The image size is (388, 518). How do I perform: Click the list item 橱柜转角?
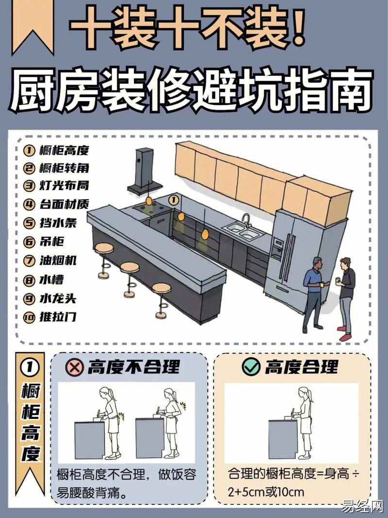point(56,168)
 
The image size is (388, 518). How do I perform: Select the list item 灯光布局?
point(56,186)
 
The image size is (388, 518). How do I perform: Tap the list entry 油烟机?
point(50,260)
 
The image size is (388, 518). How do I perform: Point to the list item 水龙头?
point(50,299)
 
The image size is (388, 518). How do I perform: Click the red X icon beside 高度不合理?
point(75,367)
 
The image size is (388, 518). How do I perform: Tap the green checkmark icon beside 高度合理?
point(251,366)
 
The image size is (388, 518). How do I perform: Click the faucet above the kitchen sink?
point(246,220)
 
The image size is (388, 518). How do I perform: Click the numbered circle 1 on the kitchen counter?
point(174,200)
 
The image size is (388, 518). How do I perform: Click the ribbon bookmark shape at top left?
point(32,27)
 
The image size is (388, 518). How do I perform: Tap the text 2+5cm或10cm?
point(266,492)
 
